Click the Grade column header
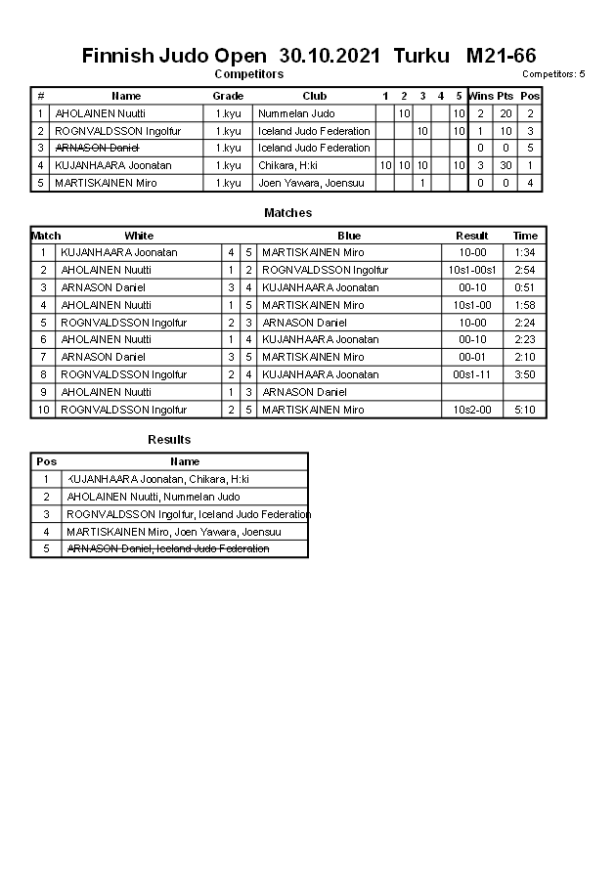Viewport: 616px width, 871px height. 228,96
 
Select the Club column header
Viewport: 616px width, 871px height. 314,96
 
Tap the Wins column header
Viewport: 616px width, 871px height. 480,96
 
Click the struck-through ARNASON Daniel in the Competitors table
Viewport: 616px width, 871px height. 97,148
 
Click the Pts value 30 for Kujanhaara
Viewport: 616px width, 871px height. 506,165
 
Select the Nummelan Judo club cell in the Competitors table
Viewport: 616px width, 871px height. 296,113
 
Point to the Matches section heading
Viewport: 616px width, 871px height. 287,213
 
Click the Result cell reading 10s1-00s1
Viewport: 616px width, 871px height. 472,270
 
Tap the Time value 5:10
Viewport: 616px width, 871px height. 525,410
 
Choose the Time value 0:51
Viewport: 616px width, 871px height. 525,287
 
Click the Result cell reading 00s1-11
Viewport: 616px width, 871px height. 472,374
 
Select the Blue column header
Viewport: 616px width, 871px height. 349,236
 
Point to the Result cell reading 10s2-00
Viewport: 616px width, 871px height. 472,410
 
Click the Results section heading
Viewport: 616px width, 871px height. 169,440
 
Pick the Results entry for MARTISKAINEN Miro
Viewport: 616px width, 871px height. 174,532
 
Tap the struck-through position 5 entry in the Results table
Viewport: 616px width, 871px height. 167,549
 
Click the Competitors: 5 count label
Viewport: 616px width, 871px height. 553,74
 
